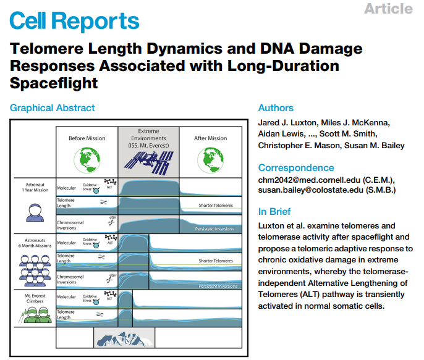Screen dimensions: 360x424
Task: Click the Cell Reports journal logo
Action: (x=75, y=21)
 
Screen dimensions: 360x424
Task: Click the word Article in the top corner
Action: (x=388, y=9)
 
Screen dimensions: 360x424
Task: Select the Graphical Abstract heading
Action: (x=53, y=108)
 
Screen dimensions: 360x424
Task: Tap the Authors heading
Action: (x=276, y=108)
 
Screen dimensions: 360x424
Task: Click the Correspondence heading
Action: (x=296, y=168)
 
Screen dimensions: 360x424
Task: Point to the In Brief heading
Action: (x=274, y=211)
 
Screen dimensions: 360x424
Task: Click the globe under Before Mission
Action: (x=87, y=160)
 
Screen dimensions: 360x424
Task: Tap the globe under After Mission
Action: (x=210, y=160)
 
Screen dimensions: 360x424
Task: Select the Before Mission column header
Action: (x=87, y=138)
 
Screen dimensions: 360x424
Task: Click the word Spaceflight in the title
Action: (x=54, y=81)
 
